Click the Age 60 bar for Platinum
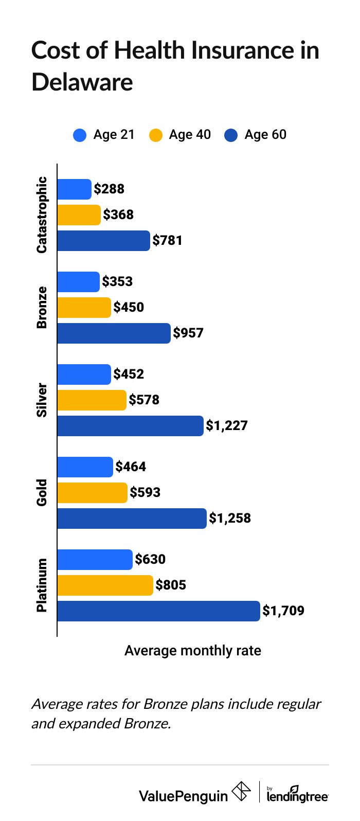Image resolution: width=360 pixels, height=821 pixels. pos(158,611)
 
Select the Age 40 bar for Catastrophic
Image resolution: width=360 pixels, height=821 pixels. pos(79,215)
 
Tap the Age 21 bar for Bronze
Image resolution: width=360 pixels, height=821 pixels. pos(78,281)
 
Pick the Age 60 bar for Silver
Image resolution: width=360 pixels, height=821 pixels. pos(130,425)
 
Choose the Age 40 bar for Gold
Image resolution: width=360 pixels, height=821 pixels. pos(92,492)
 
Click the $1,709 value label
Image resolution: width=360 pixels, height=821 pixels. pos(283,611)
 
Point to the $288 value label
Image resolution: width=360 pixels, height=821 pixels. pos(109,189)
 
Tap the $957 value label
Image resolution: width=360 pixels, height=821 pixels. pos(188,333)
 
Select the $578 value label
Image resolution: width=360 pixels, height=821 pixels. pos(144,400)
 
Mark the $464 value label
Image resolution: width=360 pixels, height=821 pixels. pos(131,467)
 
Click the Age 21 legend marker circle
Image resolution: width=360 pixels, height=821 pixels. pos(80,135)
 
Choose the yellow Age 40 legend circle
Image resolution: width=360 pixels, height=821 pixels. pos(156,135)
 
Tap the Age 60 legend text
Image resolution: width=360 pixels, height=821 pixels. pos(265,135)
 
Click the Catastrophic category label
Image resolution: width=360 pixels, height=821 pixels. pos(42,215)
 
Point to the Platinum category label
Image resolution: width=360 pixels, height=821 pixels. pos(42,585)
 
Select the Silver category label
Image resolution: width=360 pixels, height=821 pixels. pos(42,400)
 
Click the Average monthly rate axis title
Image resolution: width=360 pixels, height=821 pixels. pos(193,651)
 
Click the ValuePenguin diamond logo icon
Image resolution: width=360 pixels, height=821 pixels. pos(241,791)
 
